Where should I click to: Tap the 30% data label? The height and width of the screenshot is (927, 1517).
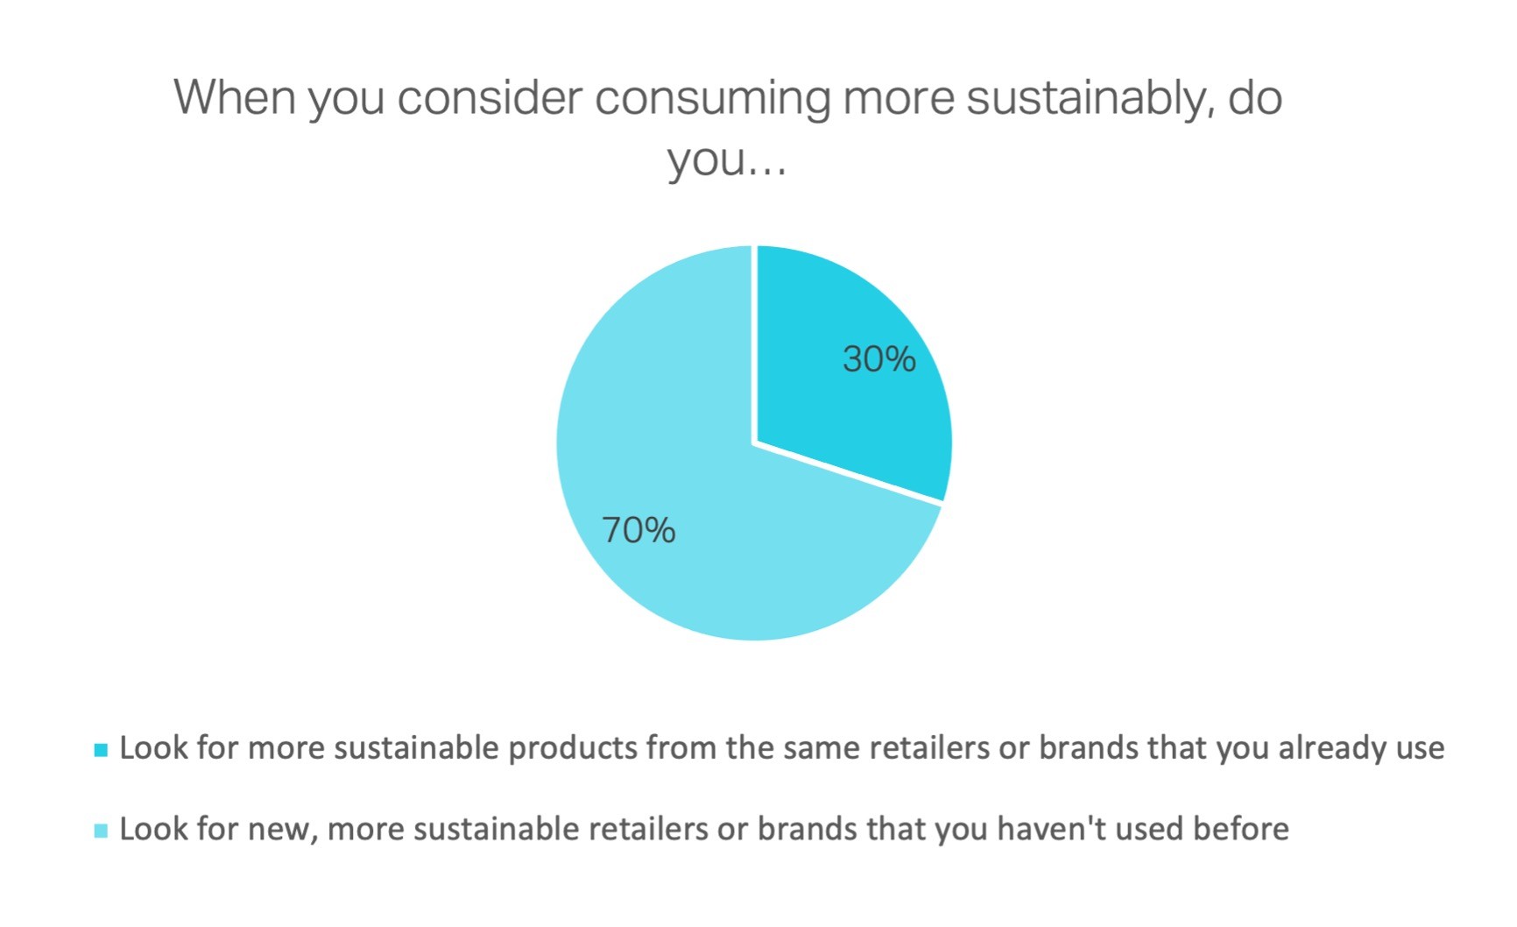[878, 359]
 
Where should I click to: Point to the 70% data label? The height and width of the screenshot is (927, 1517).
[639, 530]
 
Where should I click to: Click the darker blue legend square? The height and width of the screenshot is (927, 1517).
[101, 750]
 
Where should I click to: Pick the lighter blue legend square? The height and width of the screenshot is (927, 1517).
[101, 831]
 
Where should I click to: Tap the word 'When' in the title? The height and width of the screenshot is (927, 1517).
[234, 97]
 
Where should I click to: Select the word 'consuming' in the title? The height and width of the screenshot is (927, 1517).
[713, 97]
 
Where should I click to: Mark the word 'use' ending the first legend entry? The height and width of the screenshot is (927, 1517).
[1419, 748]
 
